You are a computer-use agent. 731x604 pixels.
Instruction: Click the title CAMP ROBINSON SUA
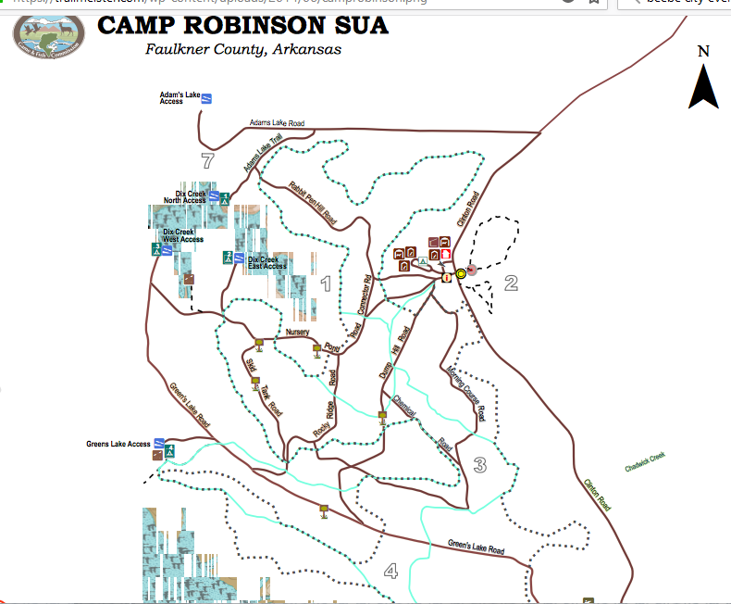click(242, 25)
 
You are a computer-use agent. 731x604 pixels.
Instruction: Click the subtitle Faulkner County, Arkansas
click(243, 49)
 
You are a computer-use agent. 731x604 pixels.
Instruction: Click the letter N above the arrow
click(703, 52)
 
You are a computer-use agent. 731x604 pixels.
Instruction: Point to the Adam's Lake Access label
click(180, 97)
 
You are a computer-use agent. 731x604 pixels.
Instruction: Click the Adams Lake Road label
click(278, 122)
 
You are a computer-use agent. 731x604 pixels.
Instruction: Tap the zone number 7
click(207, 161)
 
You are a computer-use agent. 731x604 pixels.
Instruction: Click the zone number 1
click(325, 283)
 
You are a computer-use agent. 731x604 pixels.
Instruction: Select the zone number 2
click(511, 283)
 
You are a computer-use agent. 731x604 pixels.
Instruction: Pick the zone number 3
click(479, 465)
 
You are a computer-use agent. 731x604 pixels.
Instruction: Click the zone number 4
click(390, 571)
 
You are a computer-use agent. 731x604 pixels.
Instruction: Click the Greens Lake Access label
click(118, 444)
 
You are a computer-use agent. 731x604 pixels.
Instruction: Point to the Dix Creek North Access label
click(185, 197)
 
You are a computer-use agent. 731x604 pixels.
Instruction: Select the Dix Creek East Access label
click(267, 262)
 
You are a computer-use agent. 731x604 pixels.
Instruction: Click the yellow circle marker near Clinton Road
click(460, 273)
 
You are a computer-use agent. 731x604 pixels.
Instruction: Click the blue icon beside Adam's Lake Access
click(208, 98)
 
